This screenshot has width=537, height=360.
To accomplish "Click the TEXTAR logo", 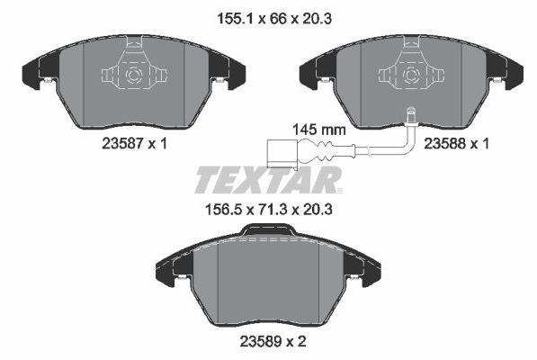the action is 268,180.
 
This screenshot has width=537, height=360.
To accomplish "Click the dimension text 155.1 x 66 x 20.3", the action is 274,19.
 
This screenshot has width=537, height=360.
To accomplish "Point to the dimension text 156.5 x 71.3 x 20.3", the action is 268,209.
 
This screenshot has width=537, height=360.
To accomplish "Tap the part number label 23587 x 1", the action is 135,143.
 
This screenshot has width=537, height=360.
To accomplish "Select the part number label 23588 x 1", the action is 457,143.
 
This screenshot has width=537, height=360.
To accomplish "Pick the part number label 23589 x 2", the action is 273,341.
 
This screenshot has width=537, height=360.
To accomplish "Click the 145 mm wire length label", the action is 318,130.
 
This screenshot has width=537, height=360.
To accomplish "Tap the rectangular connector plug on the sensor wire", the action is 282,154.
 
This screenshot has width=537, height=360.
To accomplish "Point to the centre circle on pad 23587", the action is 133,75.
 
